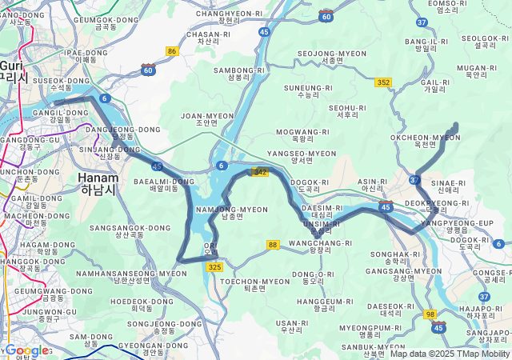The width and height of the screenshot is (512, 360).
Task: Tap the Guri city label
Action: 13,71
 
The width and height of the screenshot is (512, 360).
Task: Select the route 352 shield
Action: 382,82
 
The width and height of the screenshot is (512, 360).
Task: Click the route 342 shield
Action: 260,172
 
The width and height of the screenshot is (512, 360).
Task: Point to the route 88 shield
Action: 273,245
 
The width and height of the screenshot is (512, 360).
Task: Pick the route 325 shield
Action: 214,266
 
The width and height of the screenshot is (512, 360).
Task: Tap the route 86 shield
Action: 171,51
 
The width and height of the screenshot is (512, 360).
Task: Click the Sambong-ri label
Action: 239,74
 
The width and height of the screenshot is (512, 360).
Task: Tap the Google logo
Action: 26,350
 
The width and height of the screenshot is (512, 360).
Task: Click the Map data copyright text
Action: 450,354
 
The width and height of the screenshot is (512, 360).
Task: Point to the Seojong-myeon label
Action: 332,56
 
